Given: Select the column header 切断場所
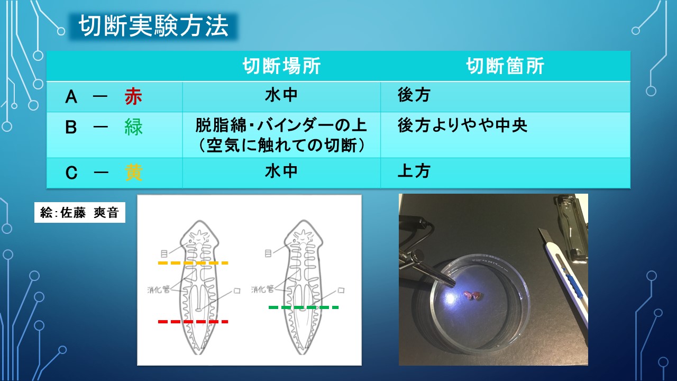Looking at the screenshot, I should coord(281,66).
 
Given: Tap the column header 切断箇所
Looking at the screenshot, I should coord(505,66).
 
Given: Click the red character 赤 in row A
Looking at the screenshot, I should coord(133,97).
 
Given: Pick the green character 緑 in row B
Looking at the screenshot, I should coord(133,128).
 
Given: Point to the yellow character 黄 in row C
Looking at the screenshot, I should coord(133,173).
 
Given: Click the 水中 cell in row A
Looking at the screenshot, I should coord(281,95).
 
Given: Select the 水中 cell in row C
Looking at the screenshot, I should coord(281,171).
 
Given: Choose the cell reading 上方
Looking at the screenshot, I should coord(414,171).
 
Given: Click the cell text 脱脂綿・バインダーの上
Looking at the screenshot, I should coord(281,126).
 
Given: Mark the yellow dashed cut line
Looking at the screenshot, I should coord(193,262).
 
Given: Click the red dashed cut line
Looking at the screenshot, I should coord(193,321).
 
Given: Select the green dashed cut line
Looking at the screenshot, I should coord(304,307).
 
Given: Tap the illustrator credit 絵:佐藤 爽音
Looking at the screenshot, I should coord(80,212).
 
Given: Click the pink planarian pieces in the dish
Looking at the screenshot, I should coord(472,295).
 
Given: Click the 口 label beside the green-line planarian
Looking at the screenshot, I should coord(341,291).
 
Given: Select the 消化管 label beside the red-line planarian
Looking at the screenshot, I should coord(159,289).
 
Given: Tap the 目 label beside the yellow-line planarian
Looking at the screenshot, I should coord(164,253).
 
